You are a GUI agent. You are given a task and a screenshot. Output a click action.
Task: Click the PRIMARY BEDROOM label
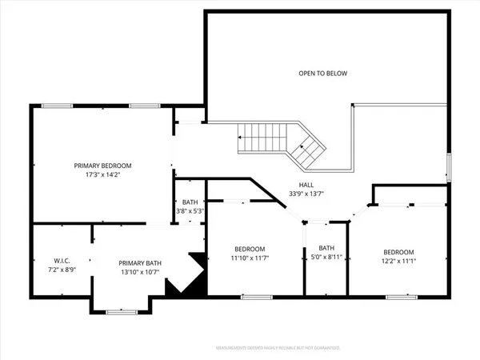click(x=102, y=166)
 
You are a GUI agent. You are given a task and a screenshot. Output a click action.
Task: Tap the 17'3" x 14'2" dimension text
click(x=102, y=176)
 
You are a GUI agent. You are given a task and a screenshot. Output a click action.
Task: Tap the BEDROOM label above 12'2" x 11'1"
click(x=398, y=250)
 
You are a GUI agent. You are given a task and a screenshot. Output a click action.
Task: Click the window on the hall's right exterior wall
click(x=448, y=167)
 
